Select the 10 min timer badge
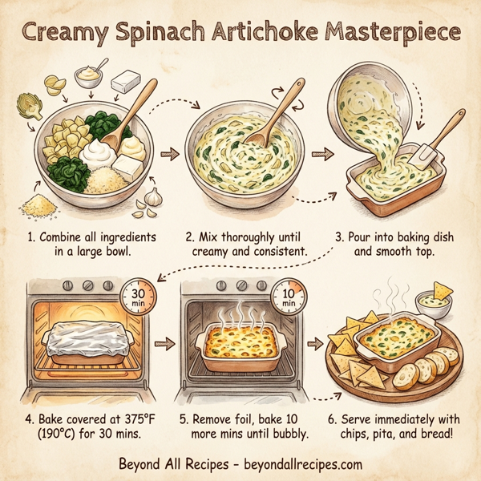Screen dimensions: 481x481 [x=290, y=298]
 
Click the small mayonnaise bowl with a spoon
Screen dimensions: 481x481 [x=89, y=77]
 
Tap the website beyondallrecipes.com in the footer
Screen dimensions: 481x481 [x=296, y=464]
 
